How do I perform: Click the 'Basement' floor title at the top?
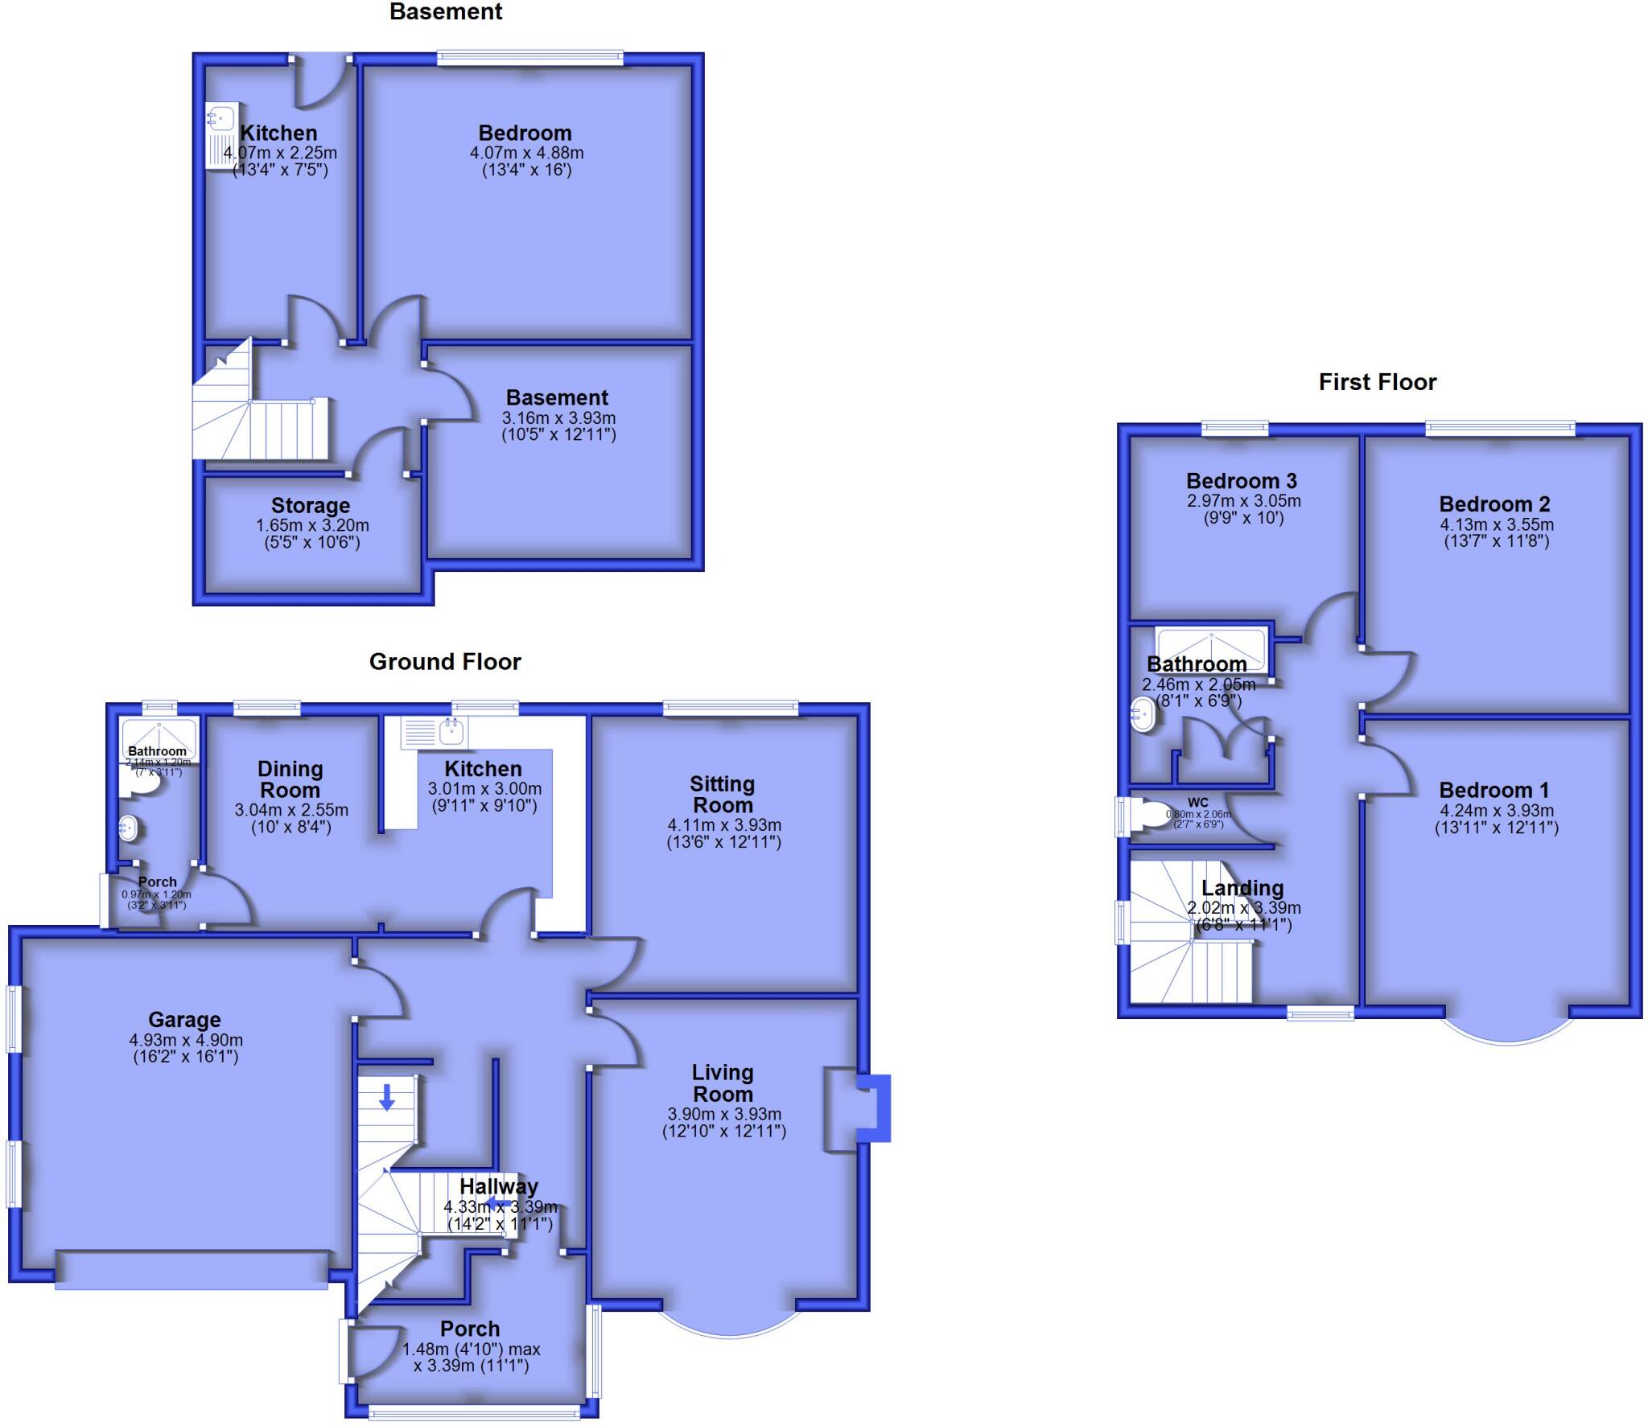446,12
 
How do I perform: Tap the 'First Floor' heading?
1377,382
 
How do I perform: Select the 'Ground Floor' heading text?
445,662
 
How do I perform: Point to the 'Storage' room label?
311,506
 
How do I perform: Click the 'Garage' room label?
184,1020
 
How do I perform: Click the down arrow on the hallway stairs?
387,1097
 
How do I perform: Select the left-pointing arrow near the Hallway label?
498,1204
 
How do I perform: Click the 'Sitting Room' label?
723,795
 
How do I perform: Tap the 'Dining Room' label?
290,779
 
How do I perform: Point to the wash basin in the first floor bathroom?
1143,714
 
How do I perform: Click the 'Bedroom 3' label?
1241,481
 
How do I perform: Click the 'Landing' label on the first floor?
1242,888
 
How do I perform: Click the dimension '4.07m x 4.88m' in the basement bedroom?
526,153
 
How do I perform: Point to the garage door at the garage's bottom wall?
192,1270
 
